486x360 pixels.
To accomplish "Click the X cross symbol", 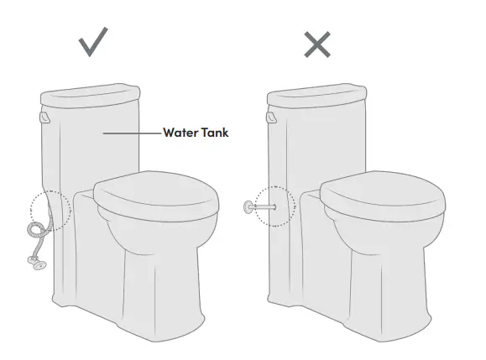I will coord(316,44).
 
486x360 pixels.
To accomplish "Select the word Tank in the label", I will coord(213,132).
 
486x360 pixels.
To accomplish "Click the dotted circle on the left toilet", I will coord(47,210).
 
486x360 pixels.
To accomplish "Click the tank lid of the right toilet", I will coord(317,92).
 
